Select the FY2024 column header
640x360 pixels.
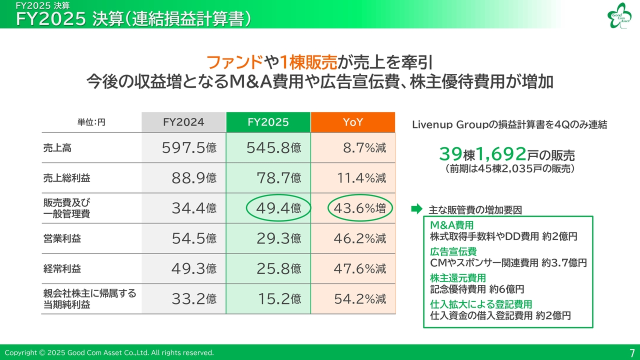tap(183, 122)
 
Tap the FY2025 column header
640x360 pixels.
tap(268, 122)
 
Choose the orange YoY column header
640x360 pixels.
tap(352, 122)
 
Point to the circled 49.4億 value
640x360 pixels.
tap(278, 208)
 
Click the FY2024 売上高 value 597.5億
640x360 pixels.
tap(189, 148)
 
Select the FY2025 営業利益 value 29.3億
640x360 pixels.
tap(278, 238)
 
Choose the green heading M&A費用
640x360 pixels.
tap(451, 225)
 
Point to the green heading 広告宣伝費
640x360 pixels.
tap(453, 251)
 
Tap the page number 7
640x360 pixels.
tap(632, 352)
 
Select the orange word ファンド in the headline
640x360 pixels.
tap(234, 62)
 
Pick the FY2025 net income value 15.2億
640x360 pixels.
tap(278, 299)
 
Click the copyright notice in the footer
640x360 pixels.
tap(109, 352)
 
